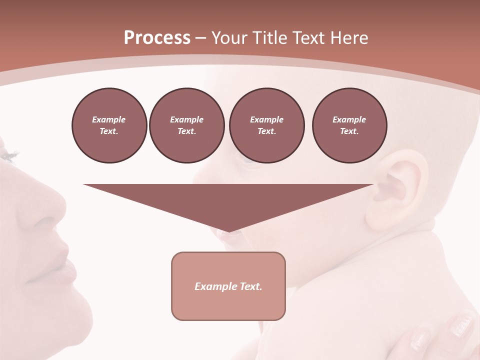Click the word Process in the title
point(157,38)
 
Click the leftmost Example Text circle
point(109,125)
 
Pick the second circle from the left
point(186,125)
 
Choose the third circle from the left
point(266,125)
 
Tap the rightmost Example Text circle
point(349,125)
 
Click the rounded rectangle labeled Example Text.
point(228,286)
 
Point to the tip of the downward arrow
point(228,231)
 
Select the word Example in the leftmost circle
point(109,119)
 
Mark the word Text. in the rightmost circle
point(349,131)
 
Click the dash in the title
point(201,38)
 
